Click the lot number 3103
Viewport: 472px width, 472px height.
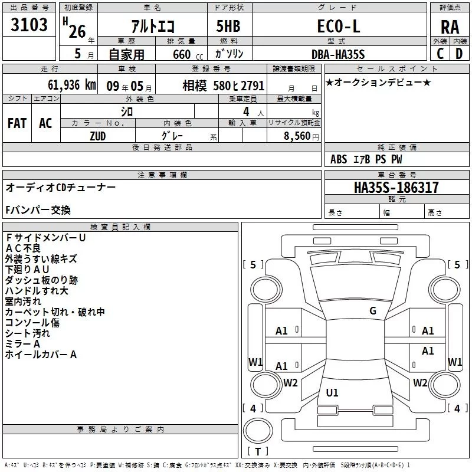click(29, 25)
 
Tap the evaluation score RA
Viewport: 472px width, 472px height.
click(450, 27)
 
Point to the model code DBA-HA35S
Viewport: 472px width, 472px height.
click(338, 54)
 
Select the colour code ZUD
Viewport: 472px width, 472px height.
click(98, 135)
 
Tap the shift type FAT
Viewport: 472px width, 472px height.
click(17, 123)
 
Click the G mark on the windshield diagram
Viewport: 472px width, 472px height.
click(372, 311)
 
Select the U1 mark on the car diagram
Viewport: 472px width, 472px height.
click(332, 393)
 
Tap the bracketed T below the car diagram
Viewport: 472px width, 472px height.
click(257, 451)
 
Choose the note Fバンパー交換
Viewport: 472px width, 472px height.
click(38, 210)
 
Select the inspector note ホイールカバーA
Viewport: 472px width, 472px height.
click(41, 355)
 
